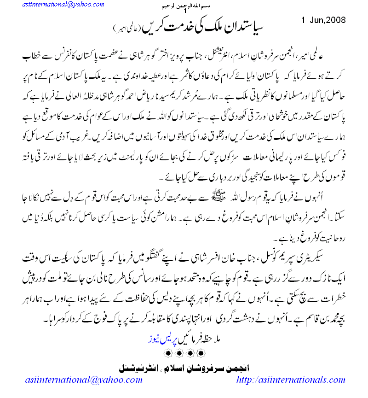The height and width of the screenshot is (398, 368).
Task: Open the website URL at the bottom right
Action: pyautogui.click(x=290, y=380)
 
